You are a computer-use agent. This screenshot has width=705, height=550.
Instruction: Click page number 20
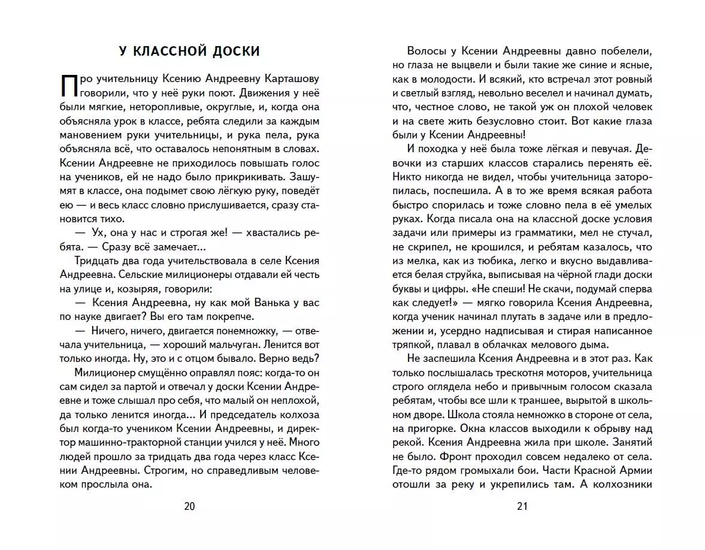(189, 506)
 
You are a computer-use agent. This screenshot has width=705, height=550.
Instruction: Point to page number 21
(521, 506)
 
